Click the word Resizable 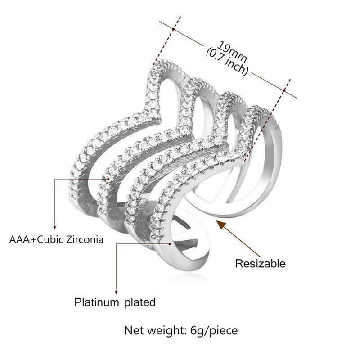coord(260,263)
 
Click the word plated coord(139,302)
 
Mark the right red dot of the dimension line coord(284,90)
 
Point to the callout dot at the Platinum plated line coord(170,243)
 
